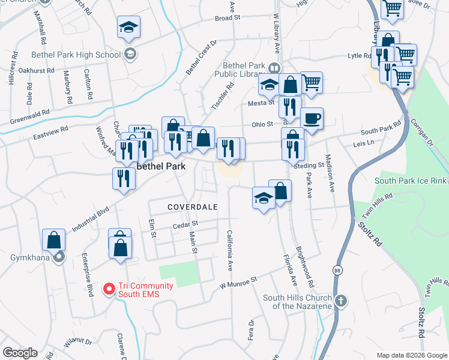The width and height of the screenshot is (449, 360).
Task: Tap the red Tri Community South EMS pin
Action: [x=109, y=289]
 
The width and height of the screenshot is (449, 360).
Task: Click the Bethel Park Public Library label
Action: [x=243, y=70]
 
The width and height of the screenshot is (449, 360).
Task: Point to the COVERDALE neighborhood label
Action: [x=191, y=206]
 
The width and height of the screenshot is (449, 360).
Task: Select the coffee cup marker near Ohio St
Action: [x=312, y=118]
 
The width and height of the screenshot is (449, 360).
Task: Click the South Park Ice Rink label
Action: [x=411, y=181]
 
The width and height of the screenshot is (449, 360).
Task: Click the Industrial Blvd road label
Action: [x=92, y=221]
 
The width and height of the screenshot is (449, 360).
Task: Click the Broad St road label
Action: [x=228, y=18]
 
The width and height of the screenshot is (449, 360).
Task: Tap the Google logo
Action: [x=20, y=353]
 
